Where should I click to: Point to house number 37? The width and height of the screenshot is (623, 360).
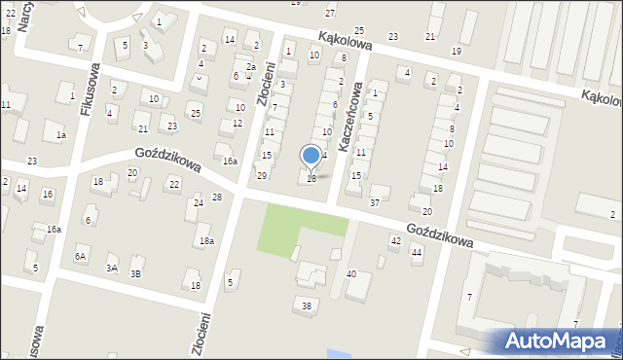tap(374, 202)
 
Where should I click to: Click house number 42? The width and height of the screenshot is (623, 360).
tap(395, 239)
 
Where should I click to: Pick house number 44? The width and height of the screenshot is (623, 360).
tap(417, 252)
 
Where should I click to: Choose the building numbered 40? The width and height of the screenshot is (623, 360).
tap(351, 274)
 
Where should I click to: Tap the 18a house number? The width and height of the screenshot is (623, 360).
tap(205, 240)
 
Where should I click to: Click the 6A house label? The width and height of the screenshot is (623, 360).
tap(80, 256)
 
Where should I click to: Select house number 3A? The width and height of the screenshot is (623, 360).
tap(112, 268)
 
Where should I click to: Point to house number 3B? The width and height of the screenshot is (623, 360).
tap(136, 273)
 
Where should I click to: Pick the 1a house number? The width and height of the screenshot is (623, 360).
tap(60, 135)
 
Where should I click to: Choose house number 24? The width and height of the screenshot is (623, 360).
tap(198, 202)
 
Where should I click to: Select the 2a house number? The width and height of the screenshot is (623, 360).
tap(250, 66)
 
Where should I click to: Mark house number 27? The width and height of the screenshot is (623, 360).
tap(330, 13)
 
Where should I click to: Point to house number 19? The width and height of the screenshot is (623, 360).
tap(457, 51)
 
